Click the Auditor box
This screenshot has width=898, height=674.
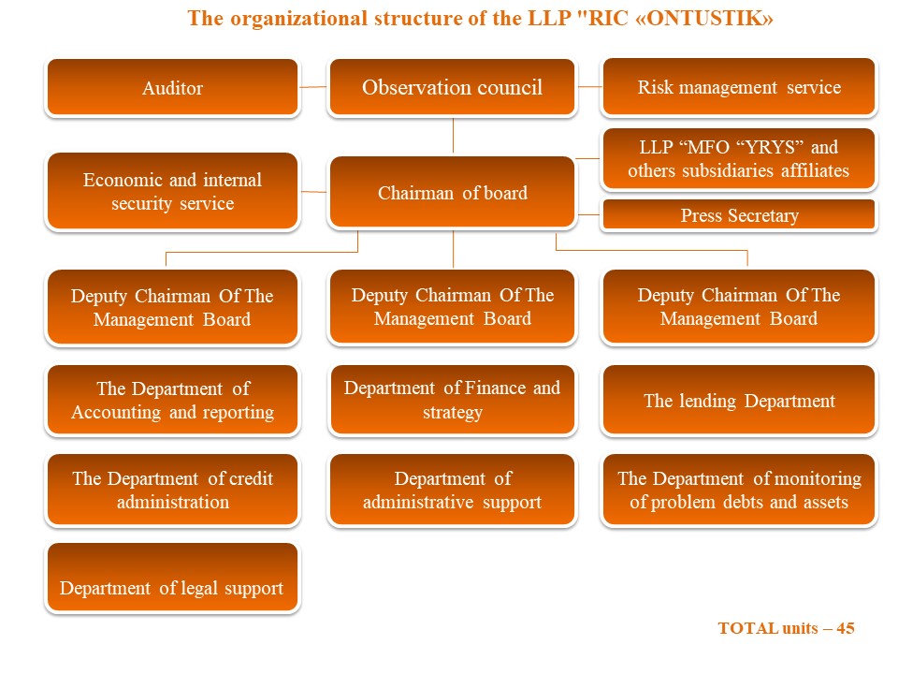[172, 87]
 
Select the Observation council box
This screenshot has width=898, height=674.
[453, 87]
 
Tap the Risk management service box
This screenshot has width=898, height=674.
[739, 86]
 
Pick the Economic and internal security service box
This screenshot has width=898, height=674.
[172, 191]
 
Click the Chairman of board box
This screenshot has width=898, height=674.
[453, 192]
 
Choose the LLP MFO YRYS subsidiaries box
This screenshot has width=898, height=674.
[739, 159]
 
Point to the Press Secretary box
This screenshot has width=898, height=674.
[739, 215]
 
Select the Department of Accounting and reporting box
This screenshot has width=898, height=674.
[172, 400]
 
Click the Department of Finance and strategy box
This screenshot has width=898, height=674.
[453, 400]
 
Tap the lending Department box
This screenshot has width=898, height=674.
[739, 400]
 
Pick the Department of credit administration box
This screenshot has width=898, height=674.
[172, 490]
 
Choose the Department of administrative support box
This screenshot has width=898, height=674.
[453, 490]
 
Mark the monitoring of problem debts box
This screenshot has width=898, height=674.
[739, 490]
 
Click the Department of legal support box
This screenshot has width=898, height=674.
[172, 578]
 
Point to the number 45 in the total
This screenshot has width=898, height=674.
[846, 628]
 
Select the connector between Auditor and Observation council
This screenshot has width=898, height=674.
[313, 87]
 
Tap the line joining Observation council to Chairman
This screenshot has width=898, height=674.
[453, 136]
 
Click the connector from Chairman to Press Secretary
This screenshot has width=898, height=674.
[589, 215]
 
